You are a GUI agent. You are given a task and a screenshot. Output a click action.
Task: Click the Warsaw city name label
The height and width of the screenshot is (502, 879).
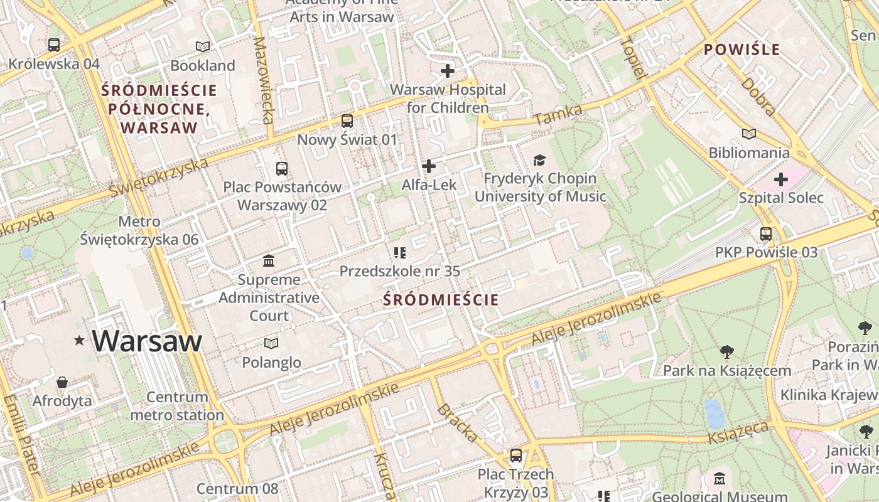point(147,341)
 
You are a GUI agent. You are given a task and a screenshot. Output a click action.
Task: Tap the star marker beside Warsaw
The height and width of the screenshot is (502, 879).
point(80,341)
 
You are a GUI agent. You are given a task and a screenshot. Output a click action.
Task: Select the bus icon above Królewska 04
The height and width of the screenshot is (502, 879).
point(54,45)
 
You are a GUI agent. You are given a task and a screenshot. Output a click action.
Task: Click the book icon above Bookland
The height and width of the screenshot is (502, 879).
point(202,46)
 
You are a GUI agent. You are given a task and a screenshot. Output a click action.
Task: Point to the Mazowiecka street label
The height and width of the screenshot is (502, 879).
point(264,80)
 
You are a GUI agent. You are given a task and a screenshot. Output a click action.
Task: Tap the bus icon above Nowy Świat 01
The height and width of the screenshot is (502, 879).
point(347,121)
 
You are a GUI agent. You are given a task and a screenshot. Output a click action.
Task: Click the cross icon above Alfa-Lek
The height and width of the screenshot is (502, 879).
point(429,166)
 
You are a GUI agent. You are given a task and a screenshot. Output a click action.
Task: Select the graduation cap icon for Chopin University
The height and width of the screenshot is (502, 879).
point(539,161)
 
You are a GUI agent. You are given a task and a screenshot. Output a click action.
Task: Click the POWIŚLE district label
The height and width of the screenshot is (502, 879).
point(741,50)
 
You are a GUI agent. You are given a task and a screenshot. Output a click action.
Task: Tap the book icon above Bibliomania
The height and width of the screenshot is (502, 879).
point(749,134)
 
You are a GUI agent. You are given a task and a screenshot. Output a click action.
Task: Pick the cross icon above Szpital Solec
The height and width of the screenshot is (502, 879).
point(780,180)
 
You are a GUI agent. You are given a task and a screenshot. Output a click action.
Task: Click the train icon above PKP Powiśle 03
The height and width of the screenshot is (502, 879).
point(766,234)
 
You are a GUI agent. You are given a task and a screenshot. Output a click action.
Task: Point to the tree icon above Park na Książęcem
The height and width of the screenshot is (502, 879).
point(727,352)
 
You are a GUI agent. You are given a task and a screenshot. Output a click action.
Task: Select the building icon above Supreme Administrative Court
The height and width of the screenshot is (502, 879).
point(269,260)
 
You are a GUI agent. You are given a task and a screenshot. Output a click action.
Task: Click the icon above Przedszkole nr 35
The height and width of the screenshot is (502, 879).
point(400,253)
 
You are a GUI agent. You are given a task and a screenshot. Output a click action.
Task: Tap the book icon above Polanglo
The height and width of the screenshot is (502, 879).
point(271,344)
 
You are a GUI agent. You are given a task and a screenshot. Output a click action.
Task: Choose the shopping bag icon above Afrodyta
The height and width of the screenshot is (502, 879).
point(62,382)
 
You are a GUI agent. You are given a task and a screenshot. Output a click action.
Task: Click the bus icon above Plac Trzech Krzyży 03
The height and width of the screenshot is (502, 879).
point(516,456)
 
